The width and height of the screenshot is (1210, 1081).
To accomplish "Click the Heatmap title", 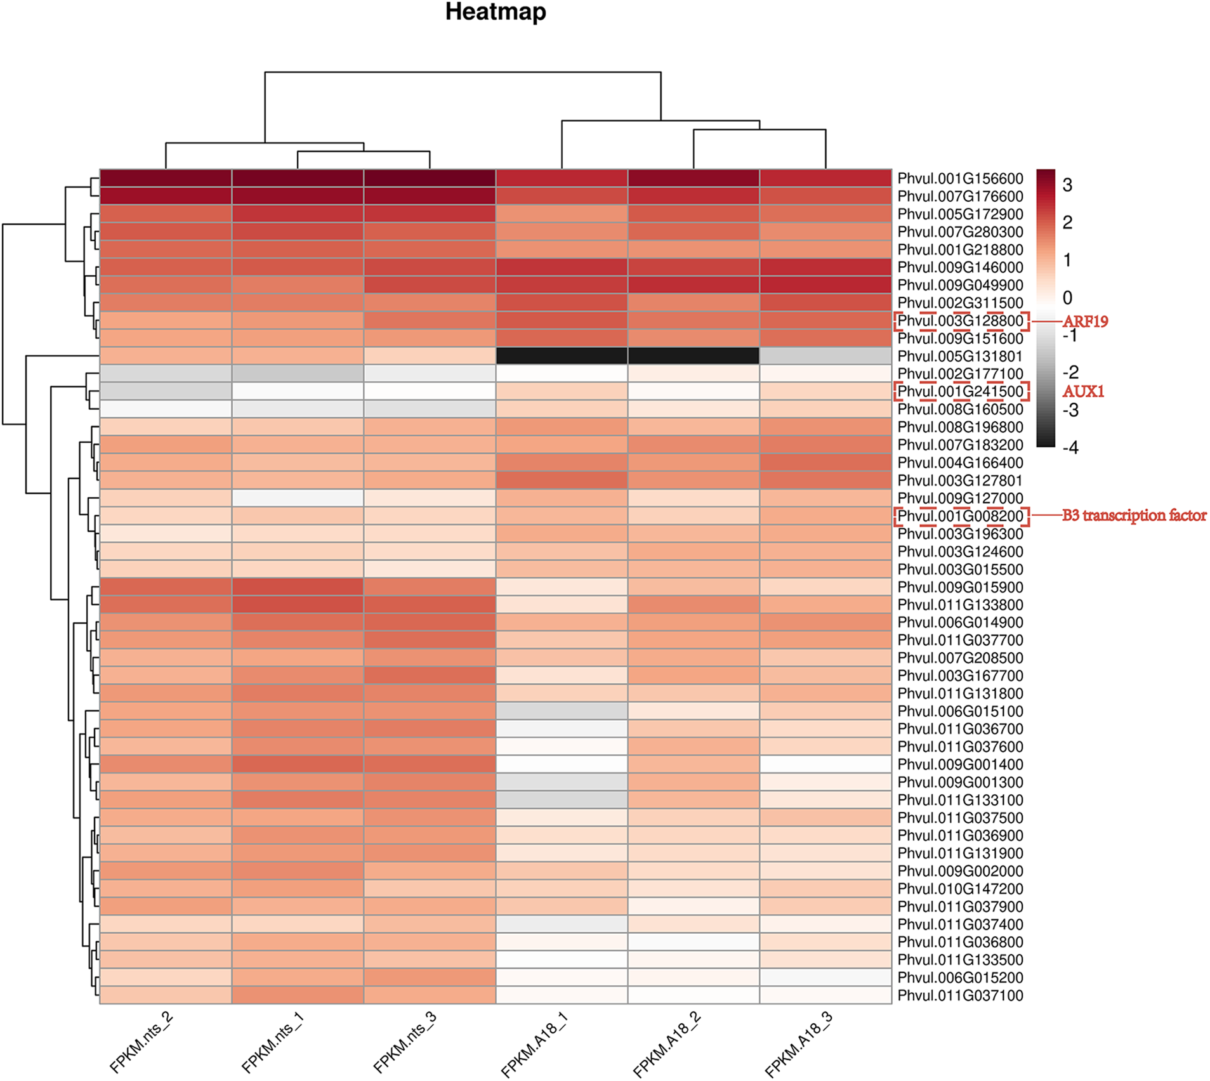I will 496,12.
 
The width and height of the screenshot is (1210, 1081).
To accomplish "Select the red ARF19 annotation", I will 1085,322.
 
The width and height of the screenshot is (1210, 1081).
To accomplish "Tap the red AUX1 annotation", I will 1083,391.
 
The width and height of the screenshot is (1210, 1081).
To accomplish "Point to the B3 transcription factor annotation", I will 1134,516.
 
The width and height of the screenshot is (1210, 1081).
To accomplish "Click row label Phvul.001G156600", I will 960,179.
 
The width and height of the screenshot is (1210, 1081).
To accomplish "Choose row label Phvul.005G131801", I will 960,357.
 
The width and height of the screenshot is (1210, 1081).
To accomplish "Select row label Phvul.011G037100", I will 960,996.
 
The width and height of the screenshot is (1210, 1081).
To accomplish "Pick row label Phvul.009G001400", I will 960,765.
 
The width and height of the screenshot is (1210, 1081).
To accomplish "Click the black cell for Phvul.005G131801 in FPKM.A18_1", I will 562,356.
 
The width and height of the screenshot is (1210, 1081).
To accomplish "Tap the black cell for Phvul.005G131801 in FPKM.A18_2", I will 694,356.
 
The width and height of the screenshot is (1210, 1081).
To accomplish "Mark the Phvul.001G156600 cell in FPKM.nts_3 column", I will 430,178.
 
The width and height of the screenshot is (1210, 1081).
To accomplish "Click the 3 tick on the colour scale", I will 1067,185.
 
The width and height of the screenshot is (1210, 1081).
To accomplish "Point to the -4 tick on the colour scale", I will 1070,448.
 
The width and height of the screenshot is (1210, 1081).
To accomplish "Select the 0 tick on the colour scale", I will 1067,298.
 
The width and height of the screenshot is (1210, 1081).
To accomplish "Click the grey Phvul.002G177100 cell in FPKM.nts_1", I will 298,374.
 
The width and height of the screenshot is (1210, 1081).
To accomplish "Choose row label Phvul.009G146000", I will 960,268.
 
